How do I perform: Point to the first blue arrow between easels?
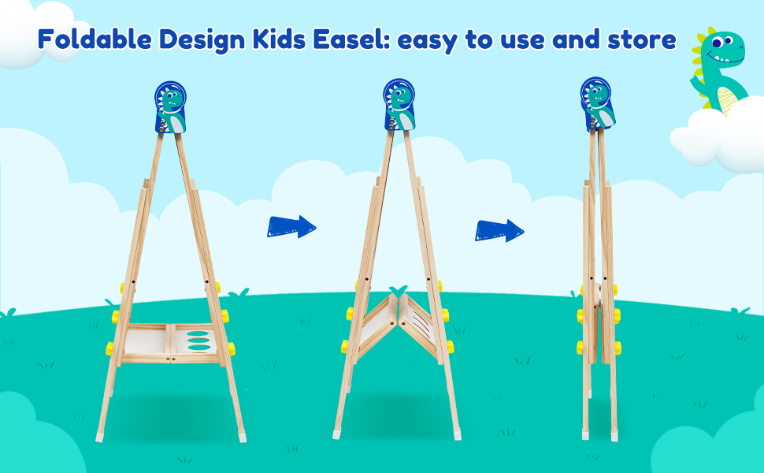291,227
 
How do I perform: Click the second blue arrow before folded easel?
499,230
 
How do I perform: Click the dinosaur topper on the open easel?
169,108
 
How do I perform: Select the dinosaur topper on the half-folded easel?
399,105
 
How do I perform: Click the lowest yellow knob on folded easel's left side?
580,348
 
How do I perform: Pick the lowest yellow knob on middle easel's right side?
448,347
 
